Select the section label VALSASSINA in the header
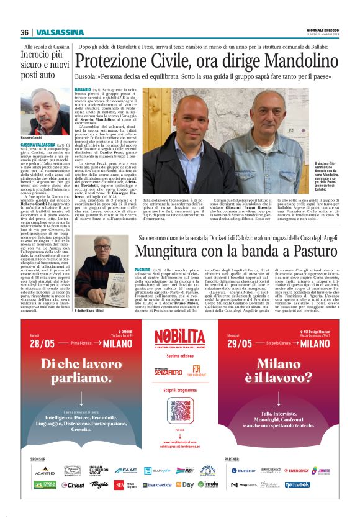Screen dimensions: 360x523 click(60, 32)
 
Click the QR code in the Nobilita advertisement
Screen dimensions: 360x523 click(179, 410)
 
